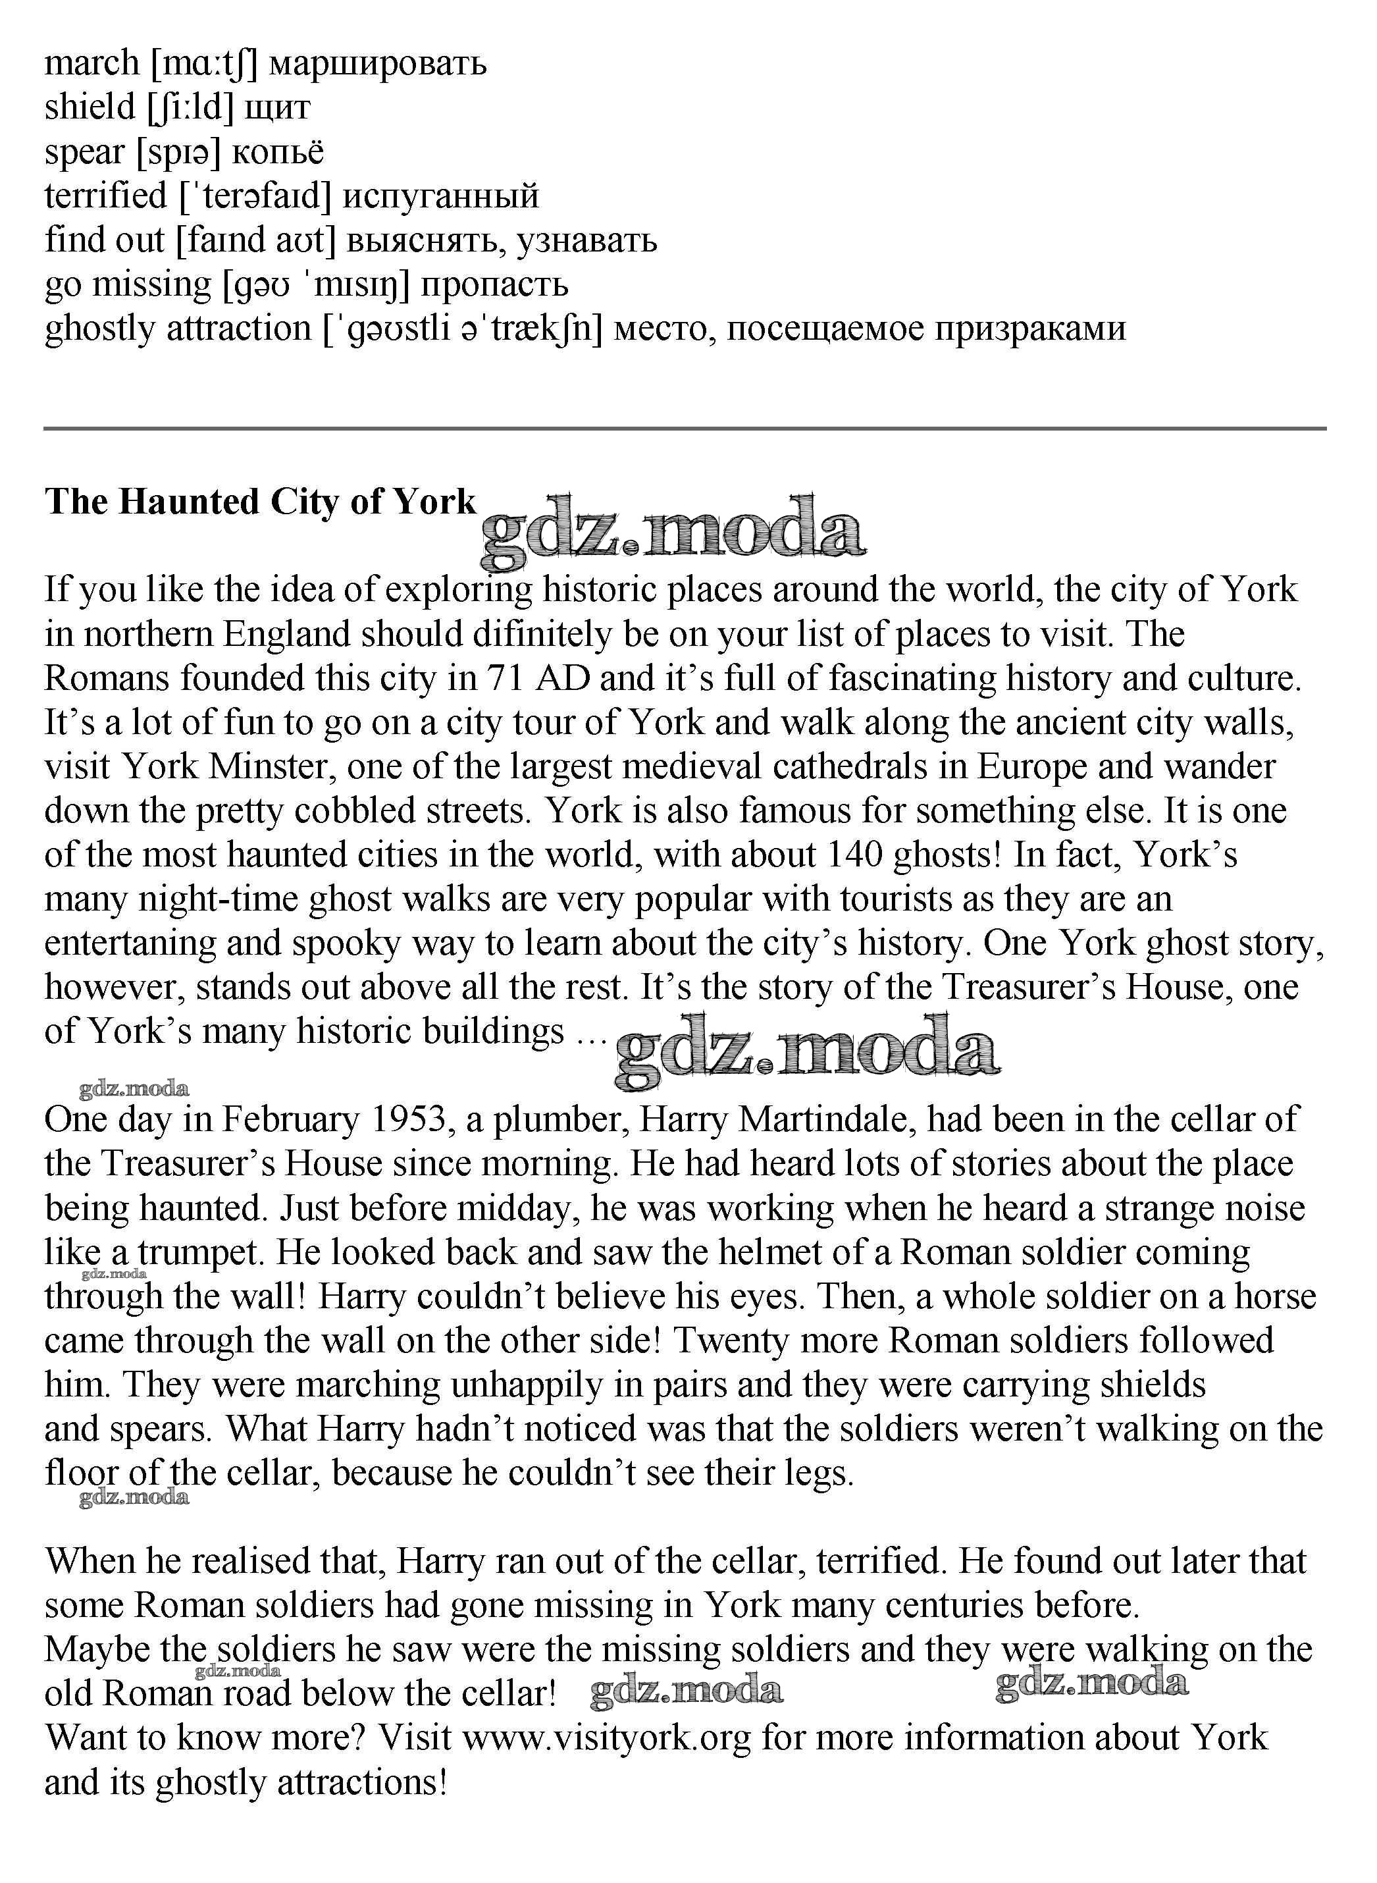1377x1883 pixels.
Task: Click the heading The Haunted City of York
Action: tap(260, 502)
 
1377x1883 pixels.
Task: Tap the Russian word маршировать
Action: tap(378, 63)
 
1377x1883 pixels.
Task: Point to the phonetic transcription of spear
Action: tap(178, 151)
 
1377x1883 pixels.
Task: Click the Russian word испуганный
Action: tap(441, 196)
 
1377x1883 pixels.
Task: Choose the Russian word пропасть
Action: tap(494, 284)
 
